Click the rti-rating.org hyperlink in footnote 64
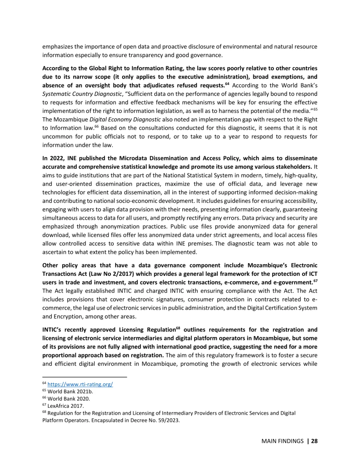[x=80, y=384]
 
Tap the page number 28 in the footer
[x=314, y=441]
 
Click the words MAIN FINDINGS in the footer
[x=282, y=441]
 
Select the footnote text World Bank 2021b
[x=70, y=392]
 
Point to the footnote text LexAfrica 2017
[x=66, y=406]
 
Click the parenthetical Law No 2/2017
[x=111, y=274]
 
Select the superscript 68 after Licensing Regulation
[x=178, y=328]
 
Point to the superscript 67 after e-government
[x=315, y=281]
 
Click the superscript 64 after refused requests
[x=227, y=84]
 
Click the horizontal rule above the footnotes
[x=85, y=377]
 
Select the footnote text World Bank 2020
[x=69, y=399]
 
